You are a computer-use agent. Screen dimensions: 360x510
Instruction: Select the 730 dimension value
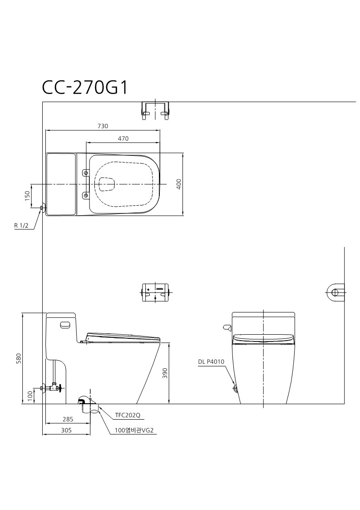(103, 126)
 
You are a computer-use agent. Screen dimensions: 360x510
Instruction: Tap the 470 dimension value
(123, 139)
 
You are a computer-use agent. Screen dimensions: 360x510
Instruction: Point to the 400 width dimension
(179, 184)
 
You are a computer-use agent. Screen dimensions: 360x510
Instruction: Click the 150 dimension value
(27, 196)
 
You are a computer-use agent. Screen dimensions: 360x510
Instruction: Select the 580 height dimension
(19, 358)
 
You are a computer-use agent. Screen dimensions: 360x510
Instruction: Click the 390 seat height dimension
(165, 373)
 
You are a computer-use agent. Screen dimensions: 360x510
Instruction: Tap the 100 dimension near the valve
(30, 396)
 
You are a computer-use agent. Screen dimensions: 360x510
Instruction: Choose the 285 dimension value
(68, 419)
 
